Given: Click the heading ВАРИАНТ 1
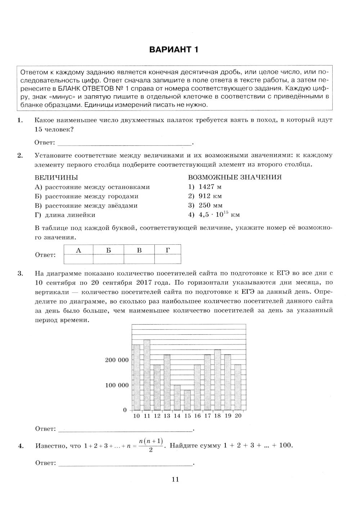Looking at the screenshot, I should (x=174, y=49).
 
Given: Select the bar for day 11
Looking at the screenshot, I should (x=147, y=375).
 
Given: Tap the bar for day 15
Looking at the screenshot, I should (x=187, y=400).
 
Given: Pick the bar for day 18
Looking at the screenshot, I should (x=217, y=380).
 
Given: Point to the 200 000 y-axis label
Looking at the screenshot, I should (x=117, y=360).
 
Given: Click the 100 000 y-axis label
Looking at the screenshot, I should (x=117, y=385).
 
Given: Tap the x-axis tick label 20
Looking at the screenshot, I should (x=238, y=416).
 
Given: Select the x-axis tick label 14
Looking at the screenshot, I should (x=177, y=416).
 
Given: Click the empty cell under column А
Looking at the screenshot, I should (x=78, y=259).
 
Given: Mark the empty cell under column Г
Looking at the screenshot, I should (x=168, y=259).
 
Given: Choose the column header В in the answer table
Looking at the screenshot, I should (x=139, y=250).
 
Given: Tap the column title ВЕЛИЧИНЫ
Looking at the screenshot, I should (x=56, y=177).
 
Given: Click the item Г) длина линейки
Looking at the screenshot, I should (x=65, y=215).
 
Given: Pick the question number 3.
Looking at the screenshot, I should (x=20, y=274).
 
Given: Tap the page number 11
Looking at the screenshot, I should (x=175, y=479).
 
